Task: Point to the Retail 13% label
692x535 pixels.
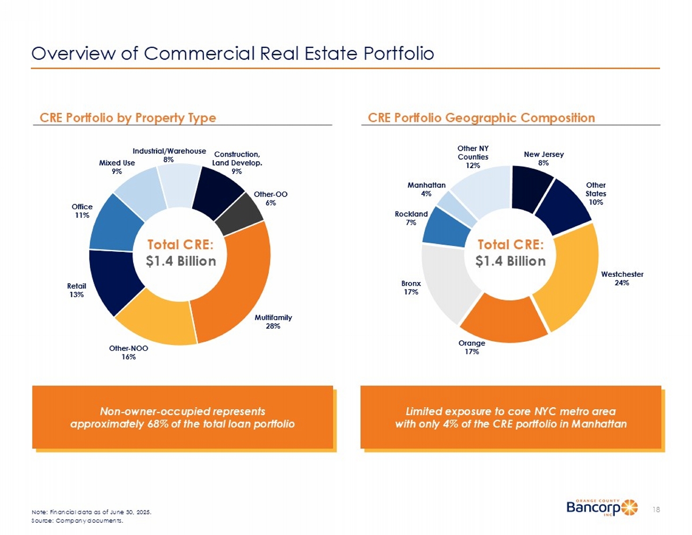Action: pyautogui.click(x=77, y=290)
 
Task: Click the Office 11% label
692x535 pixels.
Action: pyautogui.click(x=82, y=211)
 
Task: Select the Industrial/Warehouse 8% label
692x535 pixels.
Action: pyautogui.click(x=169, y=155)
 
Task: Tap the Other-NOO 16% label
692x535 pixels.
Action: pyautogui.click(x=128, y=352)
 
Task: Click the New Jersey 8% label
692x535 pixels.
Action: pyautogui.click(x=543, y=158)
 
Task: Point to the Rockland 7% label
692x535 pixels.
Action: pyautogui.click(x=411, y=218)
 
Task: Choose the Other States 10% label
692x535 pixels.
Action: pyautogui.click(x=596, y=194)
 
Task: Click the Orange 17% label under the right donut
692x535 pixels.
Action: pyautogui.click(x=472, y=347)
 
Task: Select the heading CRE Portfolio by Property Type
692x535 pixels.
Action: pyautogui.click(x=128, y=118)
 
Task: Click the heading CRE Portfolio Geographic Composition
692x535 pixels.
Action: pyautogui.click(x=481, y=118)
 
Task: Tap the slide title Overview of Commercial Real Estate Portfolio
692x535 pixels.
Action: pyautogui.click(x=233, y=53)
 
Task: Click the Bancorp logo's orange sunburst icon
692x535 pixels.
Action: pyautogui.click(x=630, y=507)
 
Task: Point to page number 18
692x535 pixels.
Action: pyautogui.click(x=656, y=509)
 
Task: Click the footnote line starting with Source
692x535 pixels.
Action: pyautogui.click(x=77, y=521)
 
